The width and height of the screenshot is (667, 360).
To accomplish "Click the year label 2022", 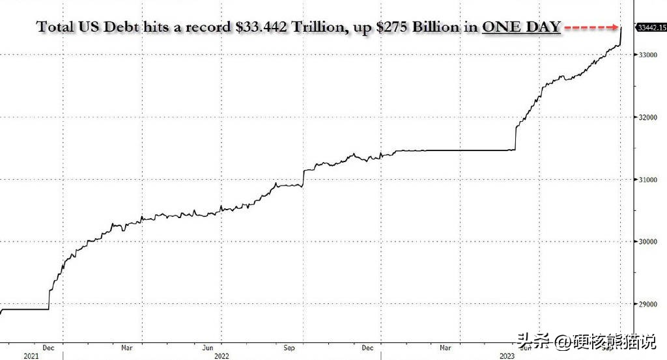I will pyautogui.click(x=221, y=355).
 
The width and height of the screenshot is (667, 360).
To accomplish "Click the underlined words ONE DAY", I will pyautogui.click(x=521, y=27).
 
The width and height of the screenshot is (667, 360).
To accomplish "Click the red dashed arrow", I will pyautogui.click(x=591, y=27).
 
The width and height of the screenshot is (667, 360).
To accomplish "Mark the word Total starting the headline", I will pyautogui.click(x=55, y=27).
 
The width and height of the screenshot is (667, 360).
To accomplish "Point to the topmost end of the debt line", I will pyautogui.click(x=621, y=27).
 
